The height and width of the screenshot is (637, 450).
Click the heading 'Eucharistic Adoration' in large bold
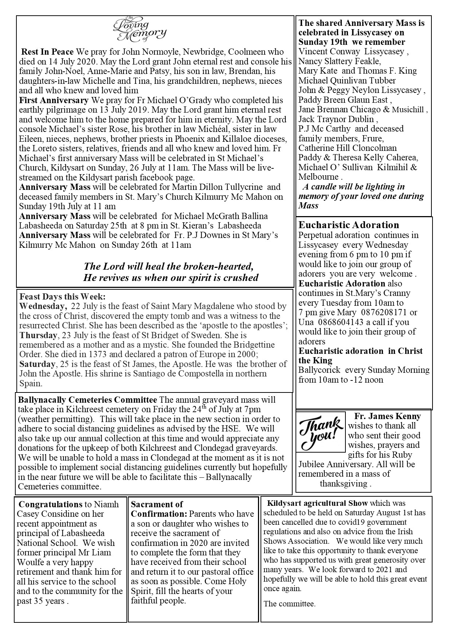point(349,225)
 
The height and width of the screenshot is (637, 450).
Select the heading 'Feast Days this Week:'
point(62,296)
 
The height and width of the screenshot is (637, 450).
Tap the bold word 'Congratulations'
point(50,504)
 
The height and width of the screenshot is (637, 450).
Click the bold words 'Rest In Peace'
point(47,52)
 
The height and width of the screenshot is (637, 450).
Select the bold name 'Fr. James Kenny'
point(387,416)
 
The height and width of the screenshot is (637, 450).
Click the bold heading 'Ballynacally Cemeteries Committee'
point(87,400)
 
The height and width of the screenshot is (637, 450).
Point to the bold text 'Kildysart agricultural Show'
point(317,503)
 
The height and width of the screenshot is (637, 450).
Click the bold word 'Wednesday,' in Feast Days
point(43,306)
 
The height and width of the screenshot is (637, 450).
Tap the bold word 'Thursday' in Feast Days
point(38,335)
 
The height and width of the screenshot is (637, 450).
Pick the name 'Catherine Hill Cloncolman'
point(348,148)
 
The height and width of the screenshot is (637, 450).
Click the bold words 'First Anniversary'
point(54,100)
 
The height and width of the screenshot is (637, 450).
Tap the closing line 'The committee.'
point(289,603)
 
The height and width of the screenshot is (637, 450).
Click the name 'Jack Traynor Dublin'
point(337,119)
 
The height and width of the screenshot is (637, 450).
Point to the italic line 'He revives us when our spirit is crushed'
point(171,278)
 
